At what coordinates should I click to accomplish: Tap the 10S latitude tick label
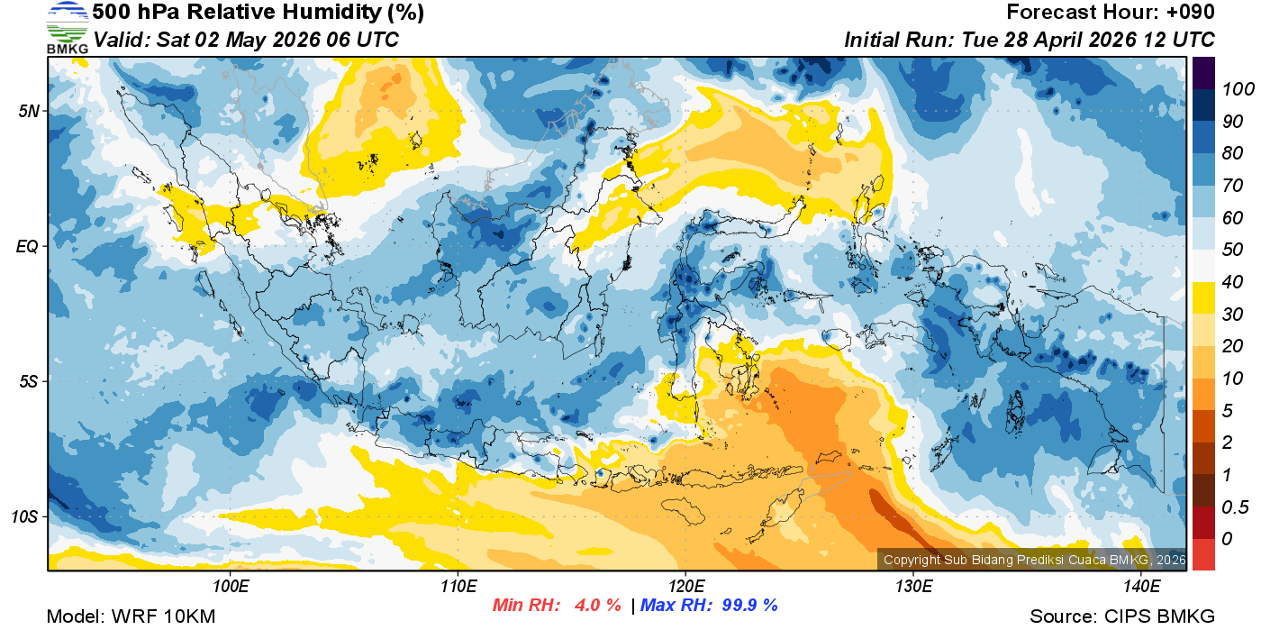pos(24,517)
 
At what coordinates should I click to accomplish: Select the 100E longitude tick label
pos(231,587)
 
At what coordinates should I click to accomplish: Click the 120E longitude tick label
pos(685,587)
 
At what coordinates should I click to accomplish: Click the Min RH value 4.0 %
pos(598,605)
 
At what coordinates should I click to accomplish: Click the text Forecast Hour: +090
pos(1111,13)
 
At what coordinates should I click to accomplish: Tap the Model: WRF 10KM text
pos(131,616)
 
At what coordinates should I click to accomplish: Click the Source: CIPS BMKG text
pos(1122,616)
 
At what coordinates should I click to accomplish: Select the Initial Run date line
pos(1029,40)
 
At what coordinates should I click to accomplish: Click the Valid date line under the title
pos(246,40)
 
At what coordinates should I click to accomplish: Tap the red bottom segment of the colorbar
pos(1203,554)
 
